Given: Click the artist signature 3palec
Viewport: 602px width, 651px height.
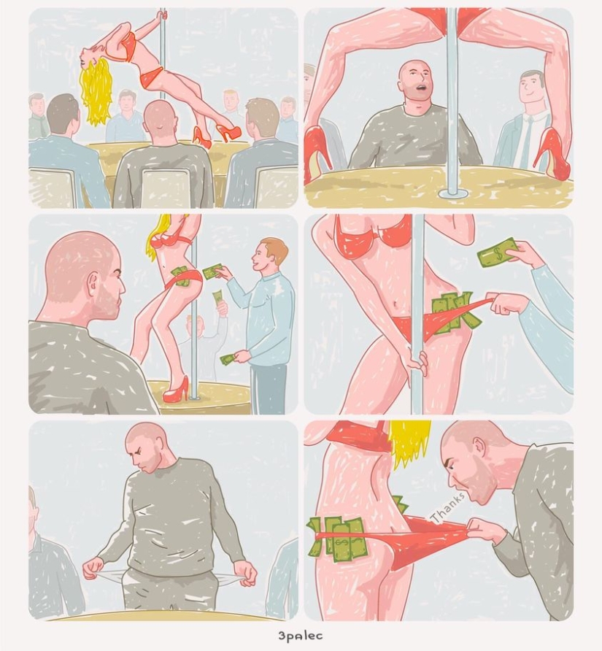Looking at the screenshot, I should pos(301,636).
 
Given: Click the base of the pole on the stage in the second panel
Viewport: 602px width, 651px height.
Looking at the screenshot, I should pos(452,193).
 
